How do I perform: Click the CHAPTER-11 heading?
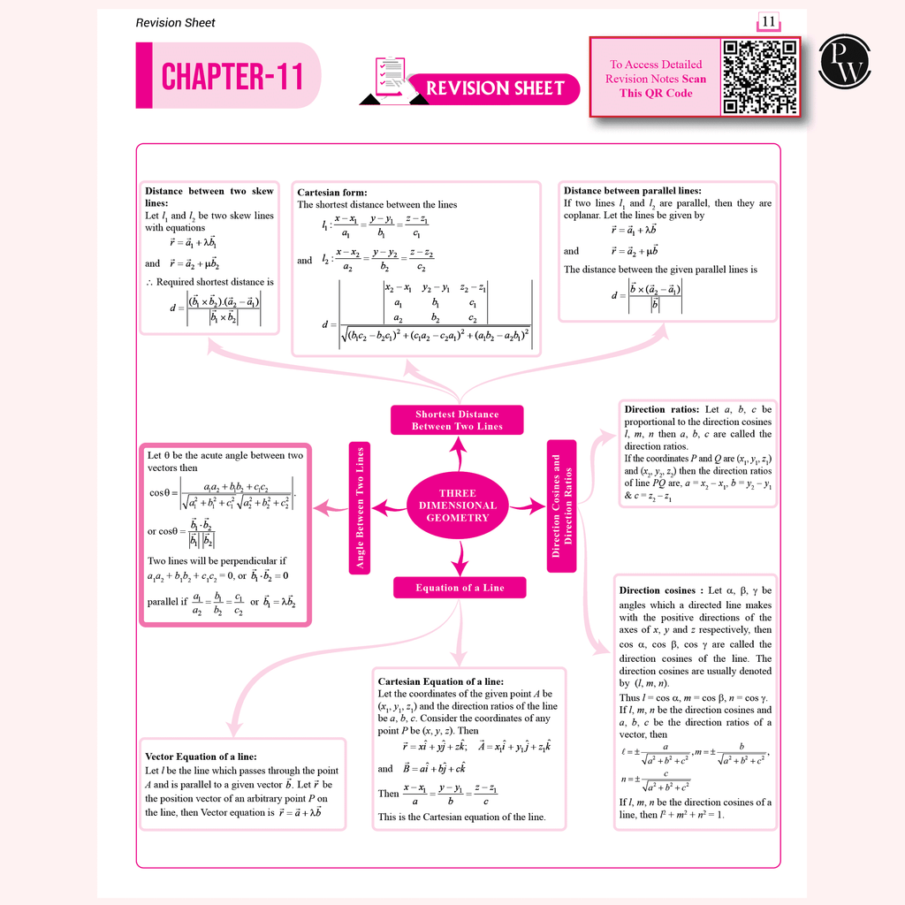click(x=232, y=76)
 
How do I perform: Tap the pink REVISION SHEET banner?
click(x=495, y=88)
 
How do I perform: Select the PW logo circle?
click(x=848, y=62)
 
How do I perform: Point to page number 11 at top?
click(x=767, y=22)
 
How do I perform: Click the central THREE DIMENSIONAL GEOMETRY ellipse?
click(x=457, y=506)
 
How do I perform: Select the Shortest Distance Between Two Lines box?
click(x=457, y=420)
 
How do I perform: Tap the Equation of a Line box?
click(x=460, y=588)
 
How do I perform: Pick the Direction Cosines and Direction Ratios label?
click(x=562, y=506)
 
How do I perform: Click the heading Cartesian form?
click(x=332, y=192)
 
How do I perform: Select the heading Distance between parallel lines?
click(x=632, y=190)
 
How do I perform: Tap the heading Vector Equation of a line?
click(x=201, y=757)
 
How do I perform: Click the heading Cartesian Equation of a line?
click(x=440, y=681)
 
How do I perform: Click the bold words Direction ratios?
click(x=662, y=409)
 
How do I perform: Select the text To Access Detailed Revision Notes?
click(x=656, y=72)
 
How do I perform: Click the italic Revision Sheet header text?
click(x=175, y=22)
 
